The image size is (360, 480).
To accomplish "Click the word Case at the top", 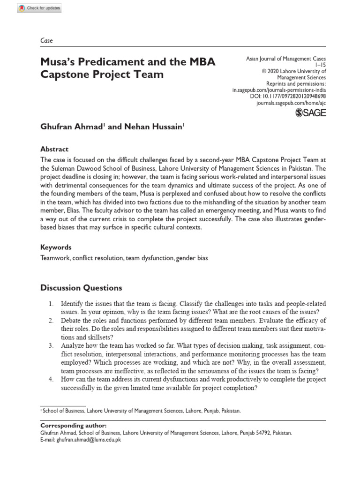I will click(47, 41).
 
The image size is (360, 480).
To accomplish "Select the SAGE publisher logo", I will click(311, 112).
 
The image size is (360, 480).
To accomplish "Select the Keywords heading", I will click(56, 247).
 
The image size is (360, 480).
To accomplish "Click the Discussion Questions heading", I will click(82, 288).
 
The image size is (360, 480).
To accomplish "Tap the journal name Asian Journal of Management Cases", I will click(286, 59).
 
